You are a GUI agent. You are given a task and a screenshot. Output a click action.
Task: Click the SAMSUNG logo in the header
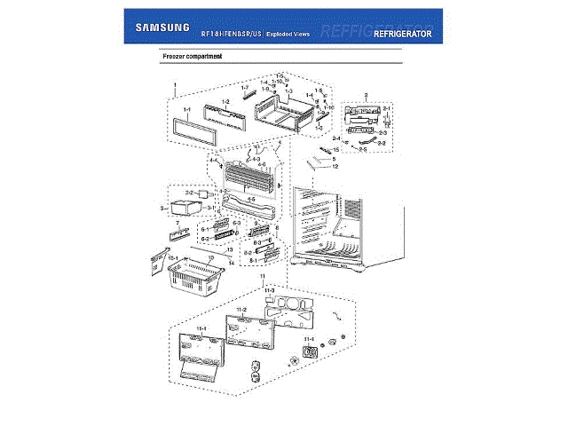[x=162, y=28]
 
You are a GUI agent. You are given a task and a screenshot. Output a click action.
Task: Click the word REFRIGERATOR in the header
[x=402, y=34]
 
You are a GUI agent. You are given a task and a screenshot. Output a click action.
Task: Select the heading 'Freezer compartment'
[x=192, y=57]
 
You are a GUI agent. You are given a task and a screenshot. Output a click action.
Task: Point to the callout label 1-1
[x=186, y=110]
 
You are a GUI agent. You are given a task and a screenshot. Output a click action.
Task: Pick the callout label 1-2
[x=225, y=102]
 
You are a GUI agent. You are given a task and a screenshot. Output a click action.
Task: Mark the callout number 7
[x=177, y=223]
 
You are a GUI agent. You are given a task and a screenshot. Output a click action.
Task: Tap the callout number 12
[x=335, y=166]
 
